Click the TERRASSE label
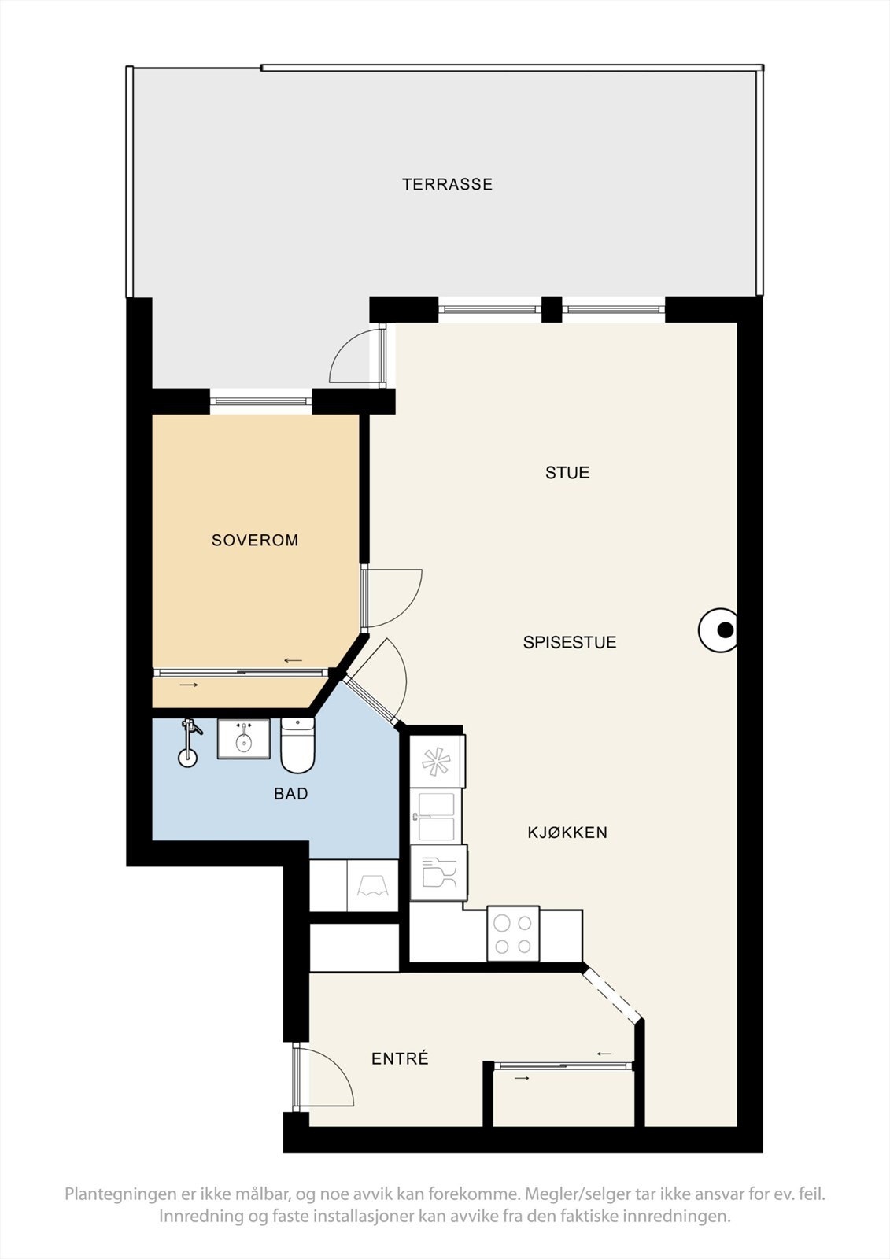point(447,184)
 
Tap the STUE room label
point(567,473)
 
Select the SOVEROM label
point(255,540)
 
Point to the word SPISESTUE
point(570,642)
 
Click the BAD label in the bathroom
point(290,794)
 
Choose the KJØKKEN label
point(567,833)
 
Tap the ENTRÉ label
point(400,1059)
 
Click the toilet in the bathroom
point(297,745)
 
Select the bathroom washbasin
point(243,739)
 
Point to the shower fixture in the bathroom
point(189,742)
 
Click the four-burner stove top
point(513,934)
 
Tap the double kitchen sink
point(437,817)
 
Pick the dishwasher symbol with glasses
point(438,873)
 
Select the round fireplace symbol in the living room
point(718,630)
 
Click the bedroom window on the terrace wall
point(261,401)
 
